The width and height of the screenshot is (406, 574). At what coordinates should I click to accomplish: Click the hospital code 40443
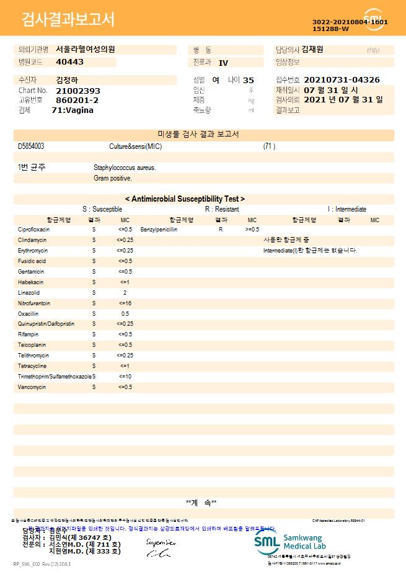[x=69, y=62]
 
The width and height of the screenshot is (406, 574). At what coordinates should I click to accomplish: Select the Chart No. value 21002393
[x=78, y=91]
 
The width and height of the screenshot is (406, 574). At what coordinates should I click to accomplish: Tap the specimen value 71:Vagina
[x=73, y=110]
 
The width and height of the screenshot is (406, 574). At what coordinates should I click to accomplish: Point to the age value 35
[x=249, y=80]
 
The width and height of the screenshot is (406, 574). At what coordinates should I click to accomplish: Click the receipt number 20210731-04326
[x=342, y=80]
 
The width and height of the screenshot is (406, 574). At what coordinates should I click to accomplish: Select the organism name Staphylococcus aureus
[x=125, y=168]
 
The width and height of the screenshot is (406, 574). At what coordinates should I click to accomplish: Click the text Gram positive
[x=113, y=178]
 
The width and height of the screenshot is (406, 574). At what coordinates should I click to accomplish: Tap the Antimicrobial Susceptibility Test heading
[x=185, y=199]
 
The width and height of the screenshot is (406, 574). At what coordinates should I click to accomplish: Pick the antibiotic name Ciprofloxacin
[x=34, y=230]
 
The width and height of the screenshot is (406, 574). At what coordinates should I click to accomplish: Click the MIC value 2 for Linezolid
[x=125, y=292]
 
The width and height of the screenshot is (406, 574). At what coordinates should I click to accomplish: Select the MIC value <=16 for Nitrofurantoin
[x=125, y=303]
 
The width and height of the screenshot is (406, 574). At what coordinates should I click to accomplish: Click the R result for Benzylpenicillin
[x=221, y=230]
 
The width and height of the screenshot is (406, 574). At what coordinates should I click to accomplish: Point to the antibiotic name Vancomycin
[x=32, y=387]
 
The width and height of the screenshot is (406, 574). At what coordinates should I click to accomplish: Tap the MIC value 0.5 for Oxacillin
[x=125, y=313]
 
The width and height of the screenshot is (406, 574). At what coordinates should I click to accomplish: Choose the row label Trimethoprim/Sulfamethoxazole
[x=55, y=376]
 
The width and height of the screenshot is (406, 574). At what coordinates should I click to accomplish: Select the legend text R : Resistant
[x=222, y=209]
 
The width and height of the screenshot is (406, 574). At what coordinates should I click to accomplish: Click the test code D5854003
[x=31, y=146]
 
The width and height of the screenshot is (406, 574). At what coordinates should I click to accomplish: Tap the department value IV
[x=224, y=63]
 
